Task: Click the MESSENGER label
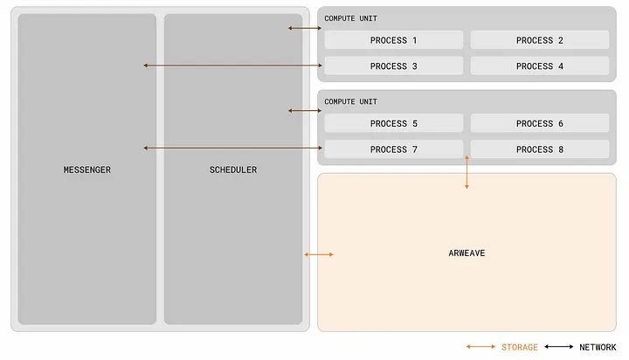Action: (x=87, y=170)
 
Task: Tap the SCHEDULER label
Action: (x=232, y=170)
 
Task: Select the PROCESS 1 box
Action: (x=394, y=40)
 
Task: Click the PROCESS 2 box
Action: (x=539, y=40)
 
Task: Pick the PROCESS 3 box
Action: (x=394, y=66)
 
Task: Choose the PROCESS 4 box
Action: (x=539, y=66)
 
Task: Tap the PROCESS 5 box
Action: (x=394, y=124)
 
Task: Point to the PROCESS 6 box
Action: (x=539, y=124)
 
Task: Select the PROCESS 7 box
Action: (x=394, y=149)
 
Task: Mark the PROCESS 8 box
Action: (x=539, y=149)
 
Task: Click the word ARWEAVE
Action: (x=466, y=253)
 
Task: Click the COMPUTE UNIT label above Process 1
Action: (x=351, y=18)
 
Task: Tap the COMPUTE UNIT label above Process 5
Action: (x=351, y=102)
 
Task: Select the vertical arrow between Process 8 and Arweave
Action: (x=467, y=172)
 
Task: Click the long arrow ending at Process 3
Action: (x=232, y=66)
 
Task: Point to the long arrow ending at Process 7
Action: (x=232, y=149)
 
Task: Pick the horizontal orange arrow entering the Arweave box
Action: (x=318, y=254)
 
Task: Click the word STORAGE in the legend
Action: (x=520, y=347)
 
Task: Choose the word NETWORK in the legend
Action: (x=598, y=347)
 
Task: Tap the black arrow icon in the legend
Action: (x=558, y=347)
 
